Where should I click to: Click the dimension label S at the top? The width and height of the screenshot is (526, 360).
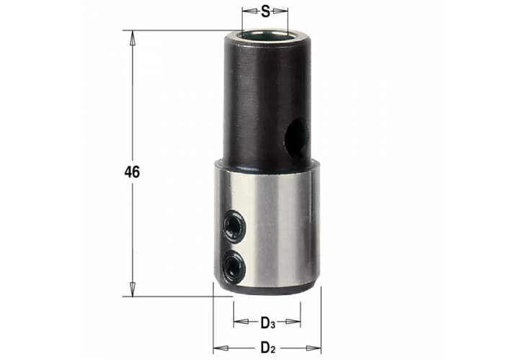(265, 12)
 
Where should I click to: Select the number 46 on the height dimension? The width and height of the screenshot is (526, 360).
(131, 172)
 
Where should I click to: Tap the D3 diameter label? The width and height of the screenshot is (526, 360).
(267, 321)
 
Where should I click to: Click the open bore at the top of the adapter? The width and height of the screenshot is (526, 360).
(264, 33)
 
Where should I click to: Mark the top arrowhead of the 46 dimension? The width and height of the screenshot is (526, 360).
(131, 36)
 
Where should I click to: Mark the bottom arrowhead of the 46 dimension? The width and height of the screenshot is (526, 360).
(131, 289)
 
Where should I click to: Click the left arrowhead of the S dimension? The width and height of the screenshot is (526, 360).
(246, 12)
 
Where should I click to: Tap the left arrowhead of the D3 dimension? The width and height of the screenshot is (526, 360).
(237, 321)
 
